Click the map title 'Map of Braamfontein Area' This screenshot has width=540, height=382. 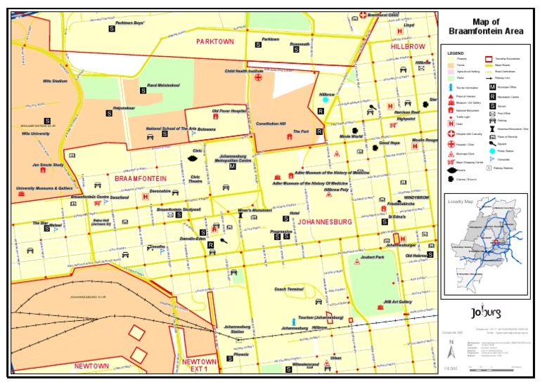(486, 26)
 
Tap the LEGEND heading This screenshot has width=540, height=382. (456, 53)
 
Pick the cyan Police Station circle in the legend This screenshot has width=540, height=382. (492, 151)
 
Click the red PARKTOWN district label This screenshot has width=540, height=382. (214, 41)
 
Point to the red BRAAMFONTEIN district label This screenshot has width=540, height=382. (140, 179)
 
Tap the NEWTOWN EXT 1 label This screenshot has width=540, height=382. (199, 366)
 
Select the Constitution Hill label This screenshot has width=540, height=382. (271, 124)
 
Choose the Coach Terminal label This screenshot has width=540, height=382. (288, 289)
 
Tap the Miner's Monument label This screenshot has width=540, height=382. (255, 210)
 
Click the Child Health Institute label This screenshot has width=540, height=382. (244, 71)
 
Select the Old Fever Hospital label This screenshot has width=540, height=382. (229, 111)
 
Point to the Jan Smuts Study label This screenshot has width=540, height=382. (48, 165)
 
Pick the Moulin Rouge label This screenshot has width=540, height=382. (425, 140)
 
